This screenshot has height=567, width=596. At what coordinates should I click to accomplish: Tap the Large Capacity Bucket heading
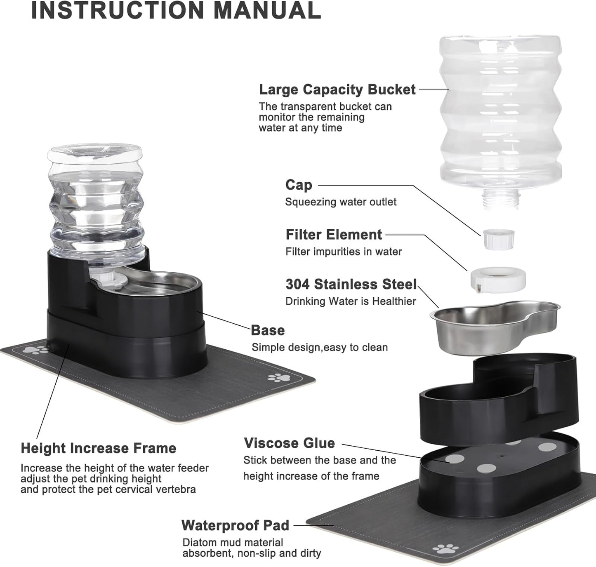pyautogui.click(x=337, y=89)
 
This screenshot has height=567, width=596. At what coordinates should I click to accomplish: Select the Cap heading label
pyautogui.click(x=299, y=185)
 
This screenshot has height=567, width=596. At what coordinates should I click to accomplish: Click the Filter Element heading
pyautogui.click(x=334, y=235)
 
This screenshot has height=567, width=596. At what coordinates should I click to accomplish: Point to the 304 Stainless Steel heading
pyautogui.click(x=351, y=284)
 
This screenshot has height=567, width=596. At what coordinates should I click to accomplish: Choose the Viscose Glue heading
pyautogui.click(x=290, y=443)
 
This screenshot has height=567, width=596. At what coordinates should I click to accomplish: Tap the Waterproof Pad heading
pyautogui.click(x=235, y=525)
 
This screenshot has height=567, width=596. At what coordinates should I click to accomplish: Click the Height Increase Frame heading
pyautogui.click(x=99, y=448)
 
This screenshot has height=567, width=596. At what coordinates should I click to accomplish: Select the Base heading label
pyautogui.click(x=268, y=330)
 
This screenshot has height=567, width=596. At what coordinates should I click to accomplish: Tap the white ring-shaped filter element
pyautogui.click(x=498, y=279)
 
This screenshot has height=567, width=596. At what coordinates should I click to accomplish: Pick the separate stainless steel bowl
pyautogui.click(x=495, y=326)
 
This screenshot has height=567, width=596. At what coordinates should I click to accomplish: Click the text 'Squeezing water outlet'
pyautogui.click(x=341, y=202)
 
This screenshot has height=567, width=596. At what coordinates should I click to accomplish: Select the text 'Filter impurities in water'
pyautogui.click(x=344, y=252)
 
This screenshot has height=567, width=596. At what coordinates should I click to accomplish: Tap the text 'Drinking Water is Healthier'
pyautogui.click(x=351, y=301)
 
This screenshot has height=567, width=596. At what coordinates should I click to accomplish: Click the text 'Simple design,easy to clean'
pyautogui.click(x=320, y=347)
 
